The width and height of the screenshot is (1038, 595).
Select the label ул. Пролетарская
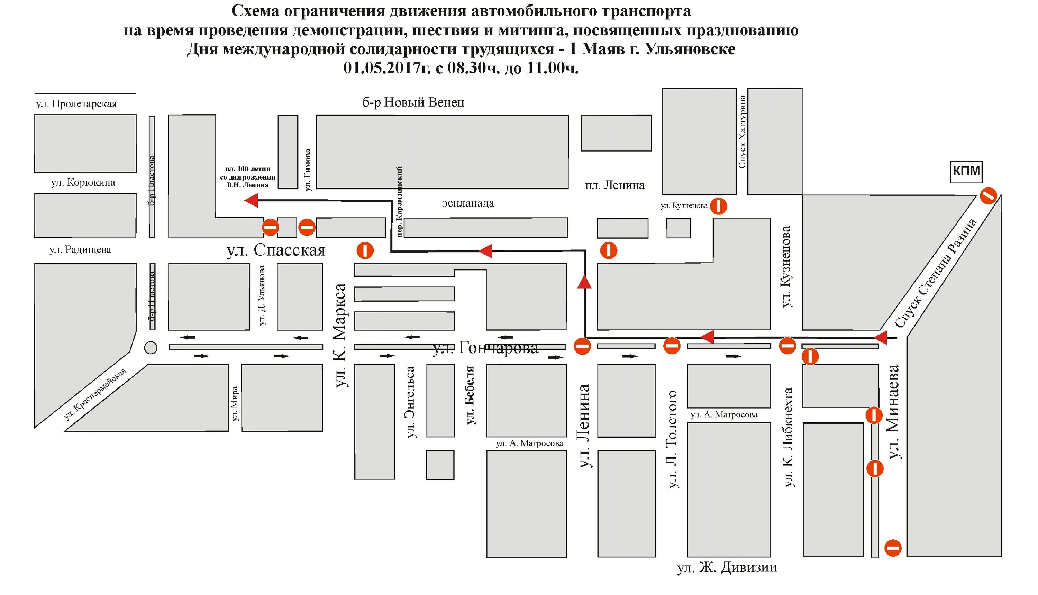coord(76,104)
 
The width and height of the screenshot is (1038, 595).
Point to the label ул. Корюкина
coord(83,182)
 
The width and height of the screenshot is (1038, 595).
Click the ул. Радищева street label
coord(80,249)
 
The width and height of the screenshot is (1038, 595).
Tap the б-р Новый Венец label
coord(413,102)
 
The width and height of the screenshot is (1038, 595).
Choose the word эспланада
coord(467,203)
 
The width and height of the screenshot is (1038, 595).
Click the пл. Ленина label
coord(614,185)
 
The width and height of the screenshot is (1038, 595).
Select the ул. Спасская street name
coord(276,250)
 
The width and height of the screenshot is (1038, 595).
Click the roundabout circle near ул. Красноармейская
coord(151,347)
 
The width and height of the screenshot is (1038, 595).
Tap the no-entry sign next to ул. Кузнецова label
coord(718,206)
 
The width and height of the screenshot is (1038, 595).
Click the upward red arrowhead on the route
coord(584,282)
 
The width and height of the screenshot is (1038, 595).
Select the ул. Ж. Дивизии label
coord(727,567)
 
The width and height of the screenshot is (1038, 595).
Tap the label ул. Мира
coord(235,404)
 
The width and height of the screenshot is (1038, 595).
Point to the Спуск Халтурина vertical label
coord(742,131)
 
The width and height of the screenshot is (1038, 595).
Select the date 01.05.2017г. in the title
coord(386,68)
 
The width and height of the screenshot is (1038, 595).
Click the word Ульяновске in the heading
coord(690,49)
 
